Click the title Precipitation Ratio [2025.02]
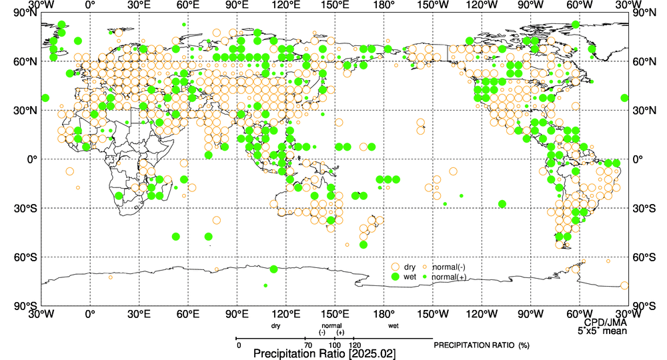click(x=325, y=353)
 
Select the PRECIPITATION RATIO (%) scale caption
click(x=481, y=345)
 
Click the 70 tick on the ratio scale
click(x=307, y=345)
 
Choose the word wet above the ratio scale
click(x=394, y=326)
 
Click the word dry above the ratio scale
click(x=276, y=326)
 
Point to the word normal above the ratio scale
click(x=331, y=325)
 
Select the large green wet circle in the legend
click(x=395, y=276)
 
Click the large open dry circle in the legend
click(x=395, y=267)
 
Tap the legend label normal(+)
click(x=449, y=276)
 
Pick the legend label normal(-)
click(x=449, y=267)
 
